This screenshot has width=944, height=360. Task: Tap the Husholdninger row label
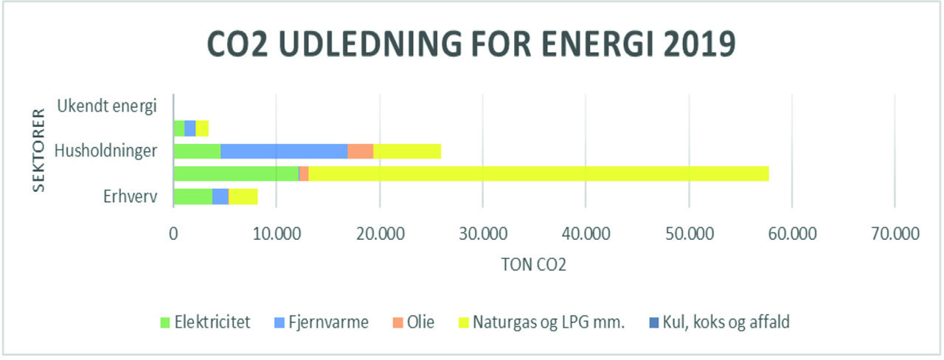click(106, 151)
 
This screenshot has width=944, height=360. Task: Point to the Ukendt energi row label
click(107, 105)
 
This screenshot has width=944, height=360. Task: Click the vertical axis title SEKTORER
click(38, 151)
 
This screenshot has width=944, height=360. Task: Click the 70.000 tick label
click(894, 234)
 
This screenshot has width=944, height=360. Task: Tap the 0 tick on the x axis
click(173, 234)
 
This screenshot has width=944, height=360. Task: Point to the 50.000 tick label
click(688, 234)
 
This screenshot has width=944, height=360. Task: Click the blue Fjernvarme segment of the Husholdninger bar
click(284, 151)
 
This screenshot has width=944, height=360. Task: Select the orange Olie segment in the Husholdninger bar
click(361, 151)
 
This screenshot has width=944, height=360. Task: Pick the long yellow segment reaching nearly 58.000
click(538, 174)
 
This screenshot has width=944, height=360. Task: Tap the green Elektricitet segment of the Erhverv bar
click(192, 197)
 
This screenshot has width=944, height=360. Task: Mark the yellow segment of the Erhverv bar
click(243, 197)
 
